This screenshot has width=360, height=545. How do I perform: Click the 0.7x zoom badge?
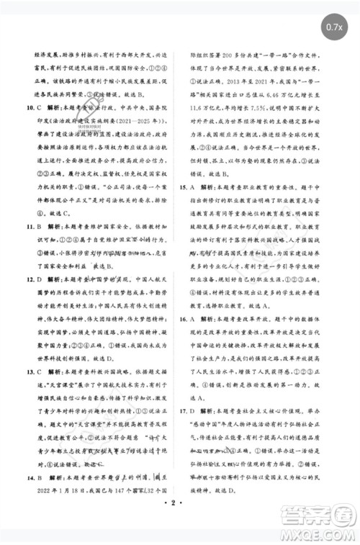pos(333,27)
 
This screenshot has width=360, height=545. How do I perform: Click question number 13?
pos(30,371)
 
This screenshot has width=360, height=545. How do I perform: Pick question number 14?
pos(30,477)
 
